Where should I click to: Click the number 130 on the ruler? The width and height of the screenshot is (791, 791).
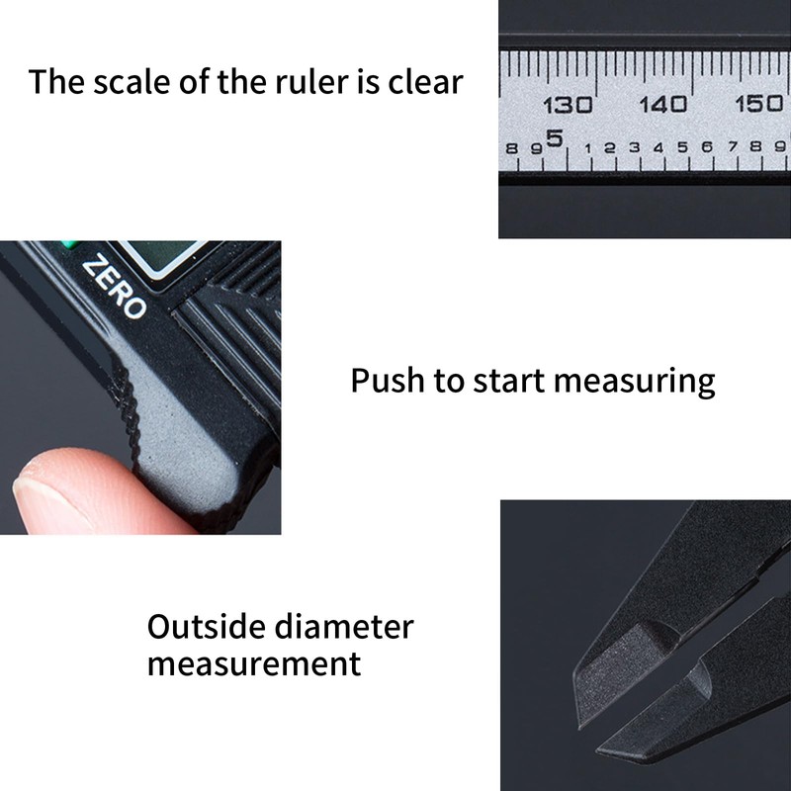tap(568, 104)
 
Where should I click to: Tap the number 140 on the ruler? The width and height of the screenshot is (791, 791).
tap(662, 104)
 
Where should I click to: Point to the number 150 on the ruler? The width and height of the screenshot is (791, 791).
tap(758, 104)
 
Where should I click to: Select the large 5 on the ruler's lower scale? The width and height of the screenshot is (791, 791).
tap(554, 139)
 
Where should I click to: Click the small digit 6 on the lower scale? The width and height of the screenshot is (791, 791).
tap(707, 147)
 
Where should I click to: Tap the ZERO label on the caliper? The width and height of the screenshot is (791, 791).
tap(114, 286)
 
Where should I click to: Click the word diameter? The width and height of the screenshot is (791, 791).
tap(351, 626)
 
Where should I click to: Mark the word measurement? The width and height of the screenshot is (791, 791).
tap(254, 663)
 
